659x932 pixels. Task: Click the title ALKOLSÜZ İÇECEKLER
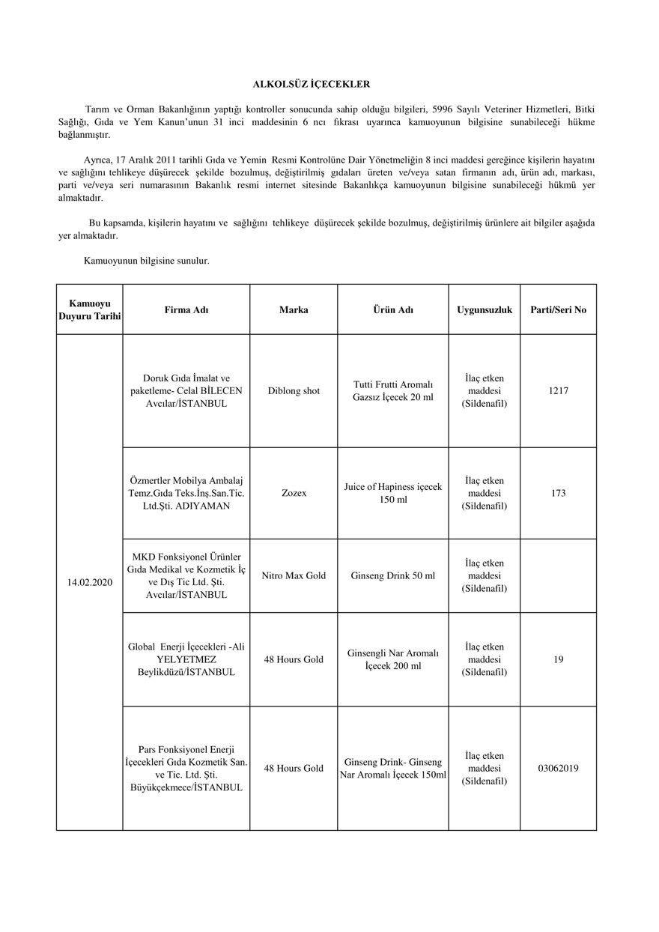click(310, 85)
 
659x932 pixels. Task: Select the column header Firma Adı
click(186, 309)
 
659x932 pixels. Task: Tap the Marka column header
click(294, 309)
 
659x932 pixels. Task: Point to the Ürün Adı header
click(393, 309)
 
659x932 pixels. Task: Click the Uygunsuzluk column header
click(485, 309)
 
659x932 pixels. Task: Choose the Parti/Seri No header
click(558, 309)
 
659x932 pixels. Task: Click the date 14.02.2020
click(90, 581)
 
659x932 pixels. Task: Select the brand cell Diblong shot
click(294, 390)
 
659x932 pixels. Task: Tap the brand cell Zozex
click(294, 493)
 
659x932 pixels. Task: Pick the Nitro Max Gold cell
click(294, 575)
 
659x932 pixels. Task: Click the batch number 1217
click(558, 390)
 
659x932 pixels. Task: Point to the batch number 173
click(558, 493)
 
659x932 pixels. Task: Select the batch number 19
click(558, 659)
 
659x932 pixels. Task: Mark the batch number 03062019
click(558, 768)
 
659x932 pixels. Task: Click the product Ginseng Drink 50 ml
click(392, 575)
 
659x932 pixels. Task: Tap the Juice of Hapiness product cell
click(392, 493)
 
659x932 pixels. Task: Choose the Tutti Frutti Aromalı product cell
click(392, 390)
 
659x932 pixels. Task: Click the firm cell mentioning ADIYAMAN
click(186, 493)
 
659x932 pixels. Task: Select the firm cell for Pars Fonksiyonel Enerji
click(186, 768)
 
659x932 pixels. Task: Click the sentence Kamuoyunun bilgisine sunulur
click(147, 261)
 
